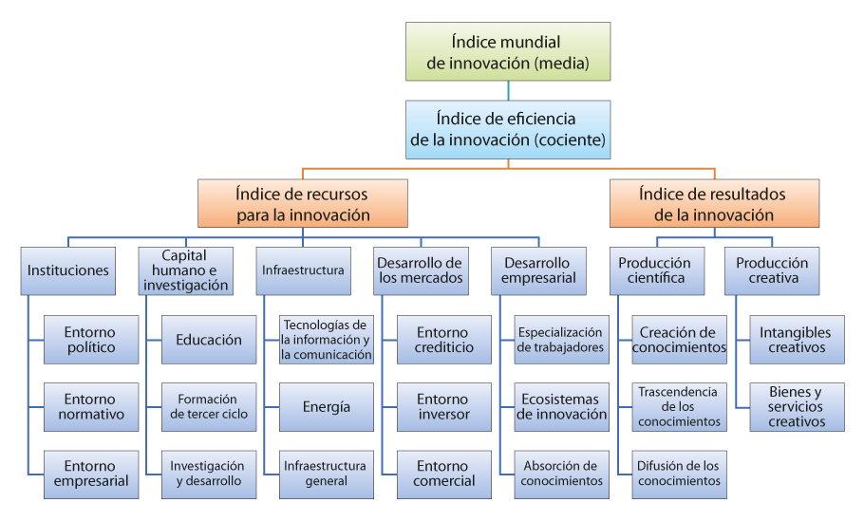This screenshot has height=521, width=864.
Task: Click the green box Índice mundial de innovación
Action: pos(508,52)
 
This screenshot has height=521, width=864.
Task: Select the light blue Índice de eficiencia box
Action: pos(508,130)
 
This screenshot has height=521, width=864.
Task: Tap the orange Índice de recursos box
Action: pos(303,203)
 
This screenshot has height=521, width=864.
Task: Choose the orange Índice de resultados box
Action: pos(714,203)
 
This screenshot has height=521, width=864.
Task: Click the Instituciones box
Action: pos(68,271)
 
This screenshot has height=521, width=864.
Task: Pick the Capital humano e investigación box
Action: pos(186,271)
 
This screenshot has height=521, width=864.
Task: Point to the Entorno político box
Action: pos(91,340)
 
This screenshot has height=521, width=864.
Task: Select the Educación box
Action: pos(209,340)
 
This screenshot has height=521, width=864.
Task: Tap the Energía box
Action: pos(327,407)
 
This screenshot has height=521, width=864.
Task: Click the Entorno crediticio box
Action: pos(444,340)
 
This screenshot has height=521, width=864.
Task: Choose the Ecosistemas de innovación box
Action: pos(561,407)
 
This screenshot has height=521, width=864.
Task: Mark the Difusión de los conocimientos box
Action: pos(680,474)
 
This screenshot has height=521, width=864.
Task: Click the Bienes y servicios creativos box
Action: pos(797,407)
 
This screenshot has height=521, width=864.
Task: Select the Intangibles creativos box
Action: pos(797,340)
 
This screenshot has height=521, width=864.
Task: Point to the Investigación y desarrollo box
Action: pos(209,474)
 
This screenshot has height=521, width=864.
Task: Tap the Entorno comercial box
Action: pos(444,474)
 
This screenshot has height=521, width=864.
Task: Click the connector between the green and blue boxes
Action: pos(508,91)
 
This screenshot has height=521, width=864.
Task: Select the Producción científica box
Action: pos(657,271)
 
